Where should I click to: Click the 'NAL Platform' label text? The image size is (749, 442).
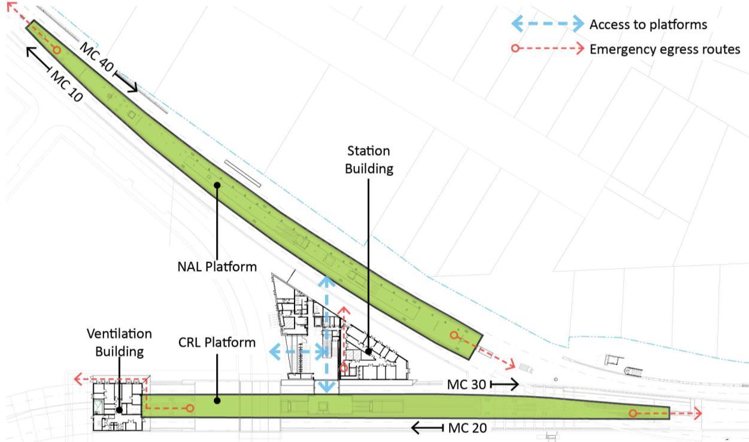217,267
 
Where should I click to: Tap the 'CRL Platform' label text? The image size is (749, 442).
217,343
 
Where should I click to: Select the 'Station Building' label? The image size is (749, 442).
368,159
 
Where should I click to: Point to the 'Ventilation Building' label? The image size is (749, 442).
119,342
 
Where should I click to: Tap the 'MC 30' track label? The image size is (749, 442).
468,384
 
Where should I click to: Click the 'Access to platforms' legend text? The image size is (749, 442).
648,25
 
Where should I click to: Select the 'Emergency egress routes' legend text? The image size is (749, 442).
665,49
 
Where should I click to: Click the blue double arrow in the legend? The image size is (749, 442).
547,24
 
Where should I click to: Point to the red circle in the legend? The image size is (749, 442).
515,49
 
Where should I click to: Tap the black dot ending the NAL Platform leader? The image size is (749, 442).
217,185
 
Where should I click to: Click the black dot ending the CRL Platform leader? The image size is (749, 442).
217,401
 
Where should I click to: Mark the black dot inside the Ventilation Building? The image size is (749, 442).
119,410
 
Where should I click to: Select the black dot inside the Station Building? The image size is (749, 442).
369,351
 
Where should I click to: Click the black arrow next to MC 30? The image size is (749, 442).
505,384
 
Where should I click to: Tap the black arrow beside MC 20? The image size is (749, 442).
426,428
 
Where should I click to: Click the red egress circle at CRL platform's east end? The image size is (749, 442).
632,413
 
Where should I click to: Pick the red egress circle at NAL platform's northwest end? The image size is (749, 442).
57,50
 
